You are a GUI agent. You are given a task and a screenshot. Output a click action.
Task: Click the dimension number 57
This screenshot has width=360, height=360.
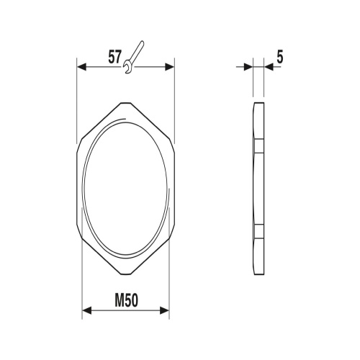(x=114, y=57)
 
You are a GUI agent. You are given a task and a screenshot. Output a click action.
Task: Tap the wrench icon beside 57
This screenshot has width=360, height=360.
(x=133, y=57)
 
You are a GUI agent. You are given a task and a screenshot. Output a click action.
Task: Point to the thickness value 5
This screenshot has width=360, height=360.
(x=280, y=57)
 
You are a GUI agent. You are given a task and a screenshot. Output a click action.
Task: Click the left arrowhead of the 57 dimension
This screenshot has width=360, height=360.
(x=81, y=67)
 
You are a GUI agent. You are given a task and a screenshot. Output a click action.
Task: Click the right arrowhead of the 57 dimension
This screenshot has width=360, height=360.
(x=170, y=67)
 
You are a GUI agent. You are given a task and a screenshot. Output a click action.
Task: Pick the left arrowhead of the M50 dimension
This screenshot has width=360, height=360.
(x=87, y=311)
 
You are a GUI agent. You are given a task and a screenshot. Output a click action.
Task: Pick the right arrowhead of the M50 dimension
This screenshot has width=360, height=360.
(x=165, y=311)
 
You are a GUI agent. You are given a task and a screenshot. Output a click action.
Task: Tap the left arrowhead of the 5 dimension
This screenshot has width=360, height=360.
(x=248, y=67)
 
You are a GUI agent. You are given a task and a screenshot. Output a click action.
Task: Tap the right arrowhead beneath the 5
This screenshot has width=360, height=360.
(x=269, y=67)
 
